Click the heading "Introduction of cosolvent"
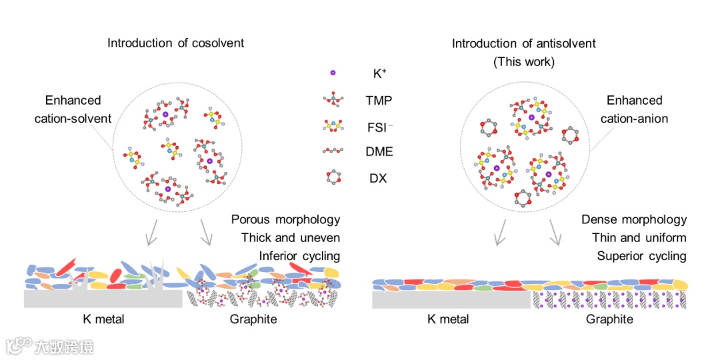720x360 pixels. tap(176, 43)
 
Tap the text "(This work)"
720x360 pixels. tap(524, 62)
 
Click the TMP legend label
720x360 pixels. tap(379, 101)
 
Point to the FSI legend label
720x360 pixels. tap(380, 127)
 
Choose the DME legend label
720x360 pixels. tap(379, 152)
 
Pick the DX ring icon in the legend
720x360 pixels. tap(333, 178)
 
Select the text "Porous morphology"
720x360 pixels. tap(285, 219)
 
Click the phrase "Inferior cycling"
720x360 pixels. tap(299, 256)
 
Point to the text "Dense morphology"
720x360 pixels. tap(634, 219)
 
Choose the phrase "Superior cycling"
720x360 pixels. tap(641, 256)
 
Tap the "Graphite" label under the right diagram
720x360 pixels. tap(609, 319)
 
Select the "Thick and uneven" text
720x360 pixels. tap(291, 238)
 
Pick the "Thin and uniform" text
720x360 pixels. tap(639, 238)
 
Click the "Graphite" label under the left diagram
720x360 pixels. tap(253, 319)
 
